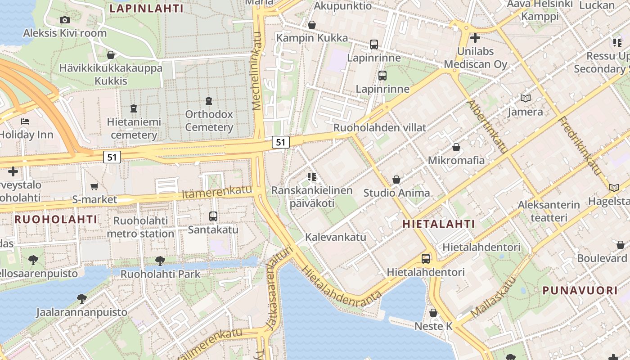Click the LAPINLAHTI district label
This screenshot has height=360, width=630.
pos(147,9)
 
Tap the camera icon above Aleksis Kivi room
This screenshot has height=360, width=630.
pos(65,20)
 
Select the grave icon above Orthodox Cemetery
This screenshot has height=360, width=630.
pos(209,101)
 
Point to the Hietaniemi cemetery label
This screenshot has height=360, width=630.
pos(134,128)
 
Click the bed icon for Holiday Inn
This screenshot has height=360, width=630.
pos(25,121)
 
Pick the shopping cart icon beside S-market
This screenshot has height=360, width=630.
pos(94,186)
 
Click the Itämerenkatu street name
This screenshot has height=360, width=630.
pos(217,192)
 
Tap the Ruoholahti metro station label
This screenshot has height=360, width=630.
pos(140,227)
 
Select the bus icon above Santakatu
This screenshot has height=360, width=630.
pos(213,216)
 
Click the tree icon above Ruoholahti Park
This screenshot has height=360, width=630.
pos(160,261)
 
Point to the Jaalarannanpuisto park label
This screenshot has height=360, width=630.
pos(81,312)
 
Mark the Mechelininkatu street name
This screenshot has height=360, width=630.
pos(257,71)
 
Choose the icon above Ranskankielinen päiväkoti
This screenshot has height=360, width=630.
pos(311,177)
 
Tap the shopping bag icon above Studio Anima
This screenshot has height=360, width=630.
pos(396,180)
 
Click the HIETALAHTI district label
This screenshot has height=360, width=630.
pos(439,224)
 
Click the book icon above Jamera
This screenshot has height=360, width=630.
pos(525,98)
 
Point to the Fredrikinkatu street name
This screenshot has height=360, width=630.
pos(580,146)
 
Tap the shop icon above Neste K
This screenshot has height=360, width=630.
pos(433,312)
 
